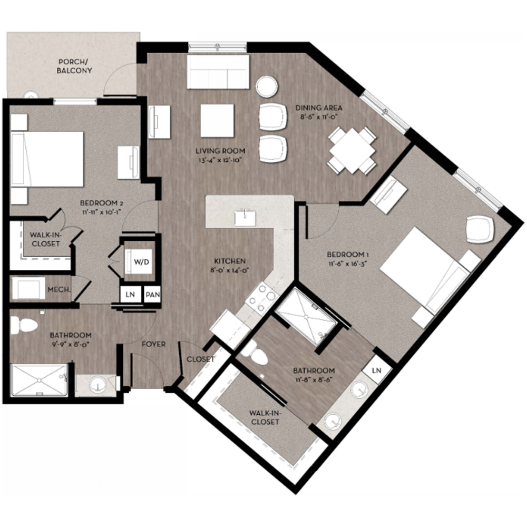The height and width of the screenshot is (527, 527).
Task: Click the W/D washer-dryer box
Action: click(x=140, y=261)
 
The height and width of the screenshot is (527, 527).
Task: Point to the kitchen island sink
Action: click(x=245, y=218)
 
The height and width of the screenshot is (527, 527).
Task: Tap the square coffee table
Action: click(x=217, y=121)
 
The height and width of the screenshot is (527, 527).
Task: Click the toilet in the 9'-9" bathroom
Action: click(x=23, y=325)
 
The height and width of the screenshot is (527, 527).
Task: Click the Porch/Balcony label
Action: click(x=75, y=66)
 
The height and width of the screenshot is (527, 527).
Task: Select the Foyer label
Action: click(x=153, y=344)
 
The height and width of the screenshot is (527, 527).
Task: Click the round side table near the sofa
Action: click(x=267, y=86)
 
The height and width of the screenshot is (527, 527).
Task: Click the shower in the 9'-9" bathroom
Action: click(x=39, y=380)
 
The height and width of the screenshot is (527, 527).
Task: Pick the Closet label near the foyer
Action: click(x=200, y=359)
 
